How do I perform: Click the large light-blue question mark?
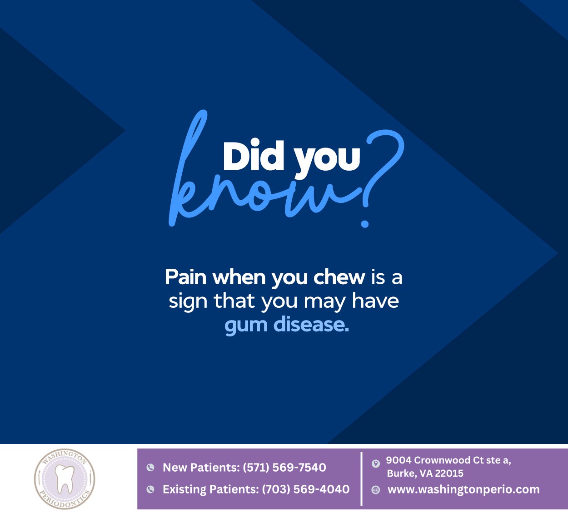coord(382,173)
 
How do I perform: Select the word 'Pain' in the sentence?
coord(185,277)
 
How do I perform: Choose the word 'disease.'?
coord(311,325)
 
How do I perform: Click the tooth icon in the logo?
coord(64,478)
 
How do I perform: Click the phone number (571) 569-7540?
coord(284,468)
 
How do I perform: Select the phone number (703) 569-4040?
coord(306,489)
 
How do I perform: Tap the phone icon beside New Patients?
coord(150,468)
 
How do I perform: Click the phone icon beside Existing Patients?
coord(150,489)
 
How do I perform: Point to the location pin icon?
coord(376,464)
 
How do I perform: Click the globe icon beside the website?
coord(376,490)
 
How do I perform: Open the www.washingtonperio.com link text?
coord(463,490)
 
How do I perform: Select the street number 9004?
coord(399,460)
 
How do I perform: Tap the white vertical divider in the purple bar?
coord(362,478)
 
